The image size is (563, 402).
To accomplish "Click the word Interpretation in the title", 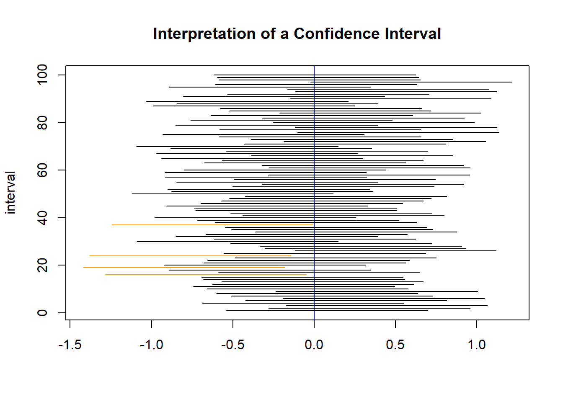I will click(204, 34).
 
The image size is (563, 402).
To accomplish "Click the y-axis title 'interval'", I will click(10, 193).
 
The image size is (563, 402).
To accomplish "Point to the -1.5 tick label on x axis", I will click(70, 345).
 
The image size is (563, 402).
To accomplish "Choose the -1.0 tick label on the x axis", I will click(151, 345).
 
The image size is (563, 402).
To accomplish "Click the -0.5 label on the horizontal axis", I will click(232, 345).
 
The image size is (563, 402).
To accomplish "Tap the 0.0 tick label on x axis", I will click(314, 345).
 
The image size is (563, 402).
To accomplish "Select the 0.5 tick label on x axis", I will click(395, 345).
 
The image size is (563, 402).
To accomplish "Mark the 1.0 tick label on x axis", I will click(476, 345).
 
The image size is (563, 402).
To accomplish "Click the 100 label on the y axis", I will click(42, 75).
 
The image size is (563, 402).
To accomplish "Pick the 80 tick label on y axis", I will click(42, 123).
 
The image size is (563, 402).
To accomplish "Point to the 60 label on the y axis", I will click(42, 170).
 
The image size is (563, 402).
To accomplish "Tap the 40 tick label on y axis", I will click(42, 218).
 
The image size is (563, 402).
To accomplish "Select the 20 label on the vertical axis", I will click(42, 265).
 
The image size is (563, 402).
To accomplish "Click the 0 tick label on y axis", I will click(42, 313).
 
